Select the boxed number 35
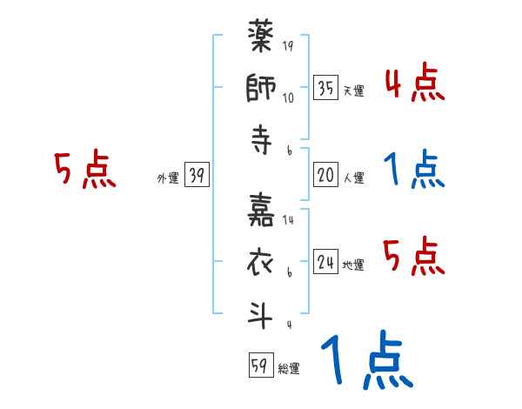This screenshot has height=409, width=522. click(325, 87)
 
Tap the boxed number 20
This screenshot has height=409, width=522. click(325, 176)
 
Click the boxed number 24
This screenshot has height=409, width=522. click(325, 262)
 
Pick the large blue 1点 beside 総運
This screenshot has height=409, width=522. click(366, 362)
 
